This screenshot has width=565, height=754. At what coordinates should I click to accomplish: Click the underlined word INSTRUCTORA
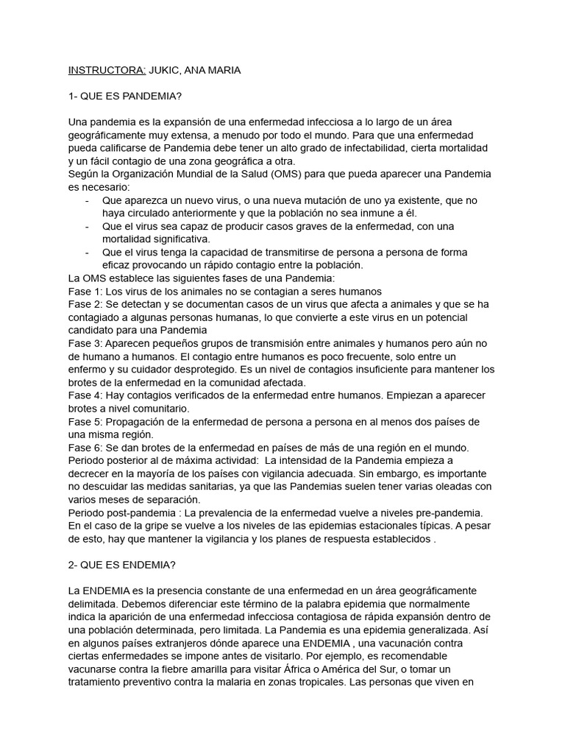(x=107, y=70)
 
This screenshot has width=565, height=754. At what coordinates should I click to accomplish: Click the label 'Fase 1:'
(x=85, y=291)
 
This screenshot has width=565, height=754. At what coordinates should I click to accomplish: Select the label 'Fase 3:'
(x=85, y=343)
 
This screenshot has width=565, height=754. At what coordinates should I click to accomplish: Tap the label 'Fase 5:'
(x=85, y=421)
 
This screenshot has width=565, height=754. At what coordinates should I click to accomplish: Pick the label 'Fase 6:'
(x=85, y=447)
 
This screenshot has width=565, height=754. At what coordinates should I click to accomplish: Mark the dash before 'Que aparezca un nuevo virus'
(x=88, y=200)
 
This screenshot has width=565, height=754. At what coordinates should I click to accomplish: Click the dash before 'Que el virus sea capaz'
(x=88, y=226)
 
